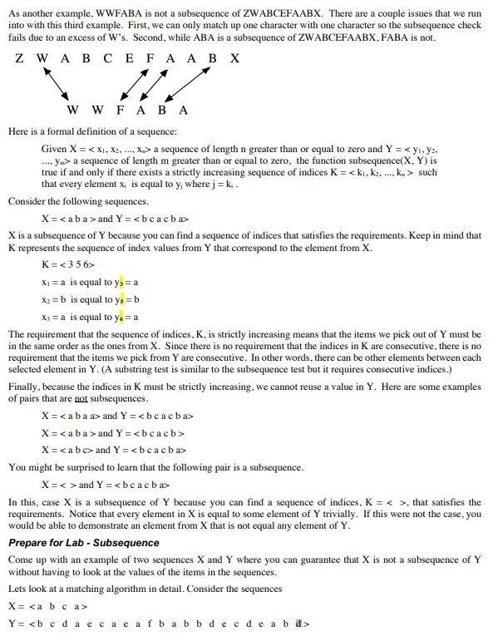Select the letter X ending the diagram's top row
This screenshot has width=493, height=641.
pyautogui.click(x=235, y=58)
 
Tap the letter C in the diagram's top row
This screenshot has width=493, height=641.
pyautogui.click(x=107, y=58)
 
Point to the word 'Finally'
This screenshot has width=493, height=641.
pyautogui.click(x=25, y=386)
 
